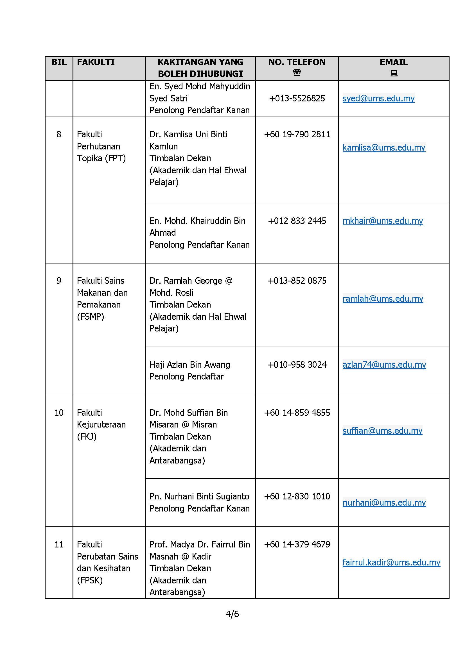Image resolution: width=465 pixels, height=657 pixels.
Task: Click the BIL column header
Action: tap(59, 62)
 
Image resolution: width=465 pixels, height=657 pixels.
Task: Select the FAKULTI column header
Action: tap(96, 62)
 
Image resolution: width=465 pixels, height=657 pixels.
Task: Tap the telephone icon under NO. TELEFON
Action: tap(297, 73)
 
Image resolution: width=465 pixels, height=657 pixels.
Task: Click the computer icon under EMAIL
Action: tap(394, 74)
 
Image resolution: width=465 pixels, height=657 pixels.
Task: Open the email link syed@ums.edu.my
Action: tap(378, 98)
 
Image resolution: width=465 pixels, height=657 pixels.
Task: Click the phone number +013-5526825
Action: tap(297, 98)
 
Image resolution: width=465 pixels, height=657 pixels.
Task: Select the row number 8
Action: tap(59, 134)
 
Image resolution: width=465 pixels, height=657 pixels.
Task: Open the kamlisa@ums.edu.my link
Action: tap(384, 147)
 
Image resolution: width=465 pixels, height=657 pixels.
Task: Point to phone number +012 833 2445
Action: tap(297, 220)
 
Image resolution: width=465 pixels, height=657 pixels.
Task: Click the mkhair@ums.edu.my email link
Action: tap(383, 220)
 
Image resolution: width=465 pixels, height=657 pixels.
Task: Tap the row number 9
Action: tap(59, 280)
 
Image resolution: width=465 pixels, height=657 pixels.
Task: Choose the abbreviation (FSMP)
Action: tap(91, 317)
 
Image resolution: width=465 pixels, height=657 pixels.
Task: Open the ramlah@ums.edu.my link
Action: tap(383, 299)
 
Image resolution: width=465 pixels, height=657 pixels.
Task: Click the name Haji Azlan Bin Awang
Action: tap(189, 365)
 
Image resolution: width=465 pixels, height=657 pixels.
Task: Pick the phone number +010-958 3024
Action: tap(297, 365)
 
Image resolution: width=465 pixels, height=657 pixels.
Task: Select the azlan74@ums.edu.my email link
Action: tap(384, 365)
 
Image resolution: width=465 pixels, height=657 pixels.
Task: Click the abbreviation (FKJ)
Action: tap(87, 437)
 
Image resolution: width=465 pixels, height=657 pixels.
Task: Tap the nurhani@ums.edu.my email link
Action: tap(384, 503)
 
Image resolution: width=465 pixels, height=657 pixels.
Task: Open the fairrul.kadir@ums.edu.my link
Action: tap(391, 562)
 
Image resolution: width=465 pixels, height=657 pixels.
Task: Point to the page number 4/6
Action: tap(232, 614)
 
